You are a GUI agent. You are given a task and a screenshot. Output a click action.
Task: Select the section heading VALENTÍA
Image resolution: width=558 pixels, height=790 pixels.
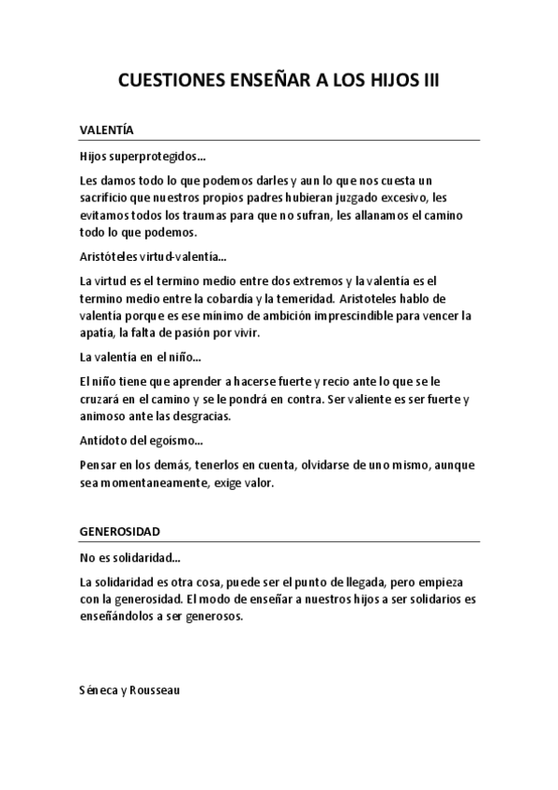click(x=108, y=131)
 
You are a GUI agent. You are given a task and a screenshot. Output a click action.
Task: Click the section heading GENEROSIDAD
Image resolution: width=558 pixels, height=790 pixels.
click(x=120, y=532)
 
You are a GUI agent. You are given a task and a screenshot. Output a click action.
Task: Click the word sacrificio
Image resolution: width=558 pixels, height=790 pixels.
click(x=107, y=197)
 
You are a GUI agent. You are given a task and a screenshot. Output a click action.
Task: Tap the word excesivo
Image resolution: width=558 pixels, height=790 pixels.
click(x=407, y=197)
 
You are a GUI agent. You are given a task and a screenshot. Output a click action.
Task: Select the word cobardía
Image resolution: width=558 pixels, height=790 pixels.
click(x=274, y=298)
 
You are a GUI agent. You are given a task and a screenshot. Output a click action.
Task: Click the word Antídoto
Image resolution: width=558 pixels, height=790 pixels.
click(x=103, y=442)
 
